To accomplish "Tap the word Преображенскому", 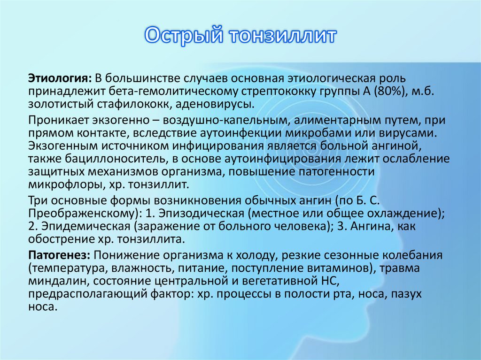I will click(x=82, y=214).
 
